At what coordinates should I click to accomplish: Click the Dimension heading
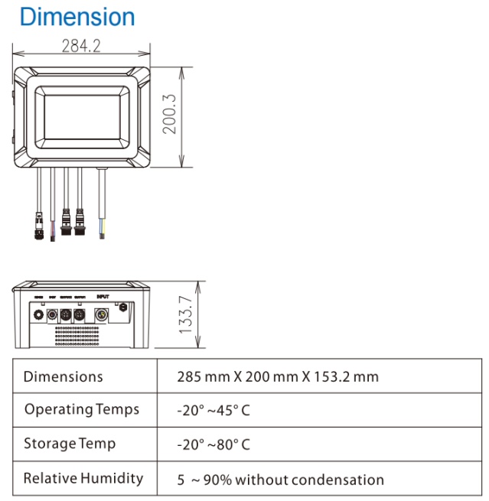tap(77, 17)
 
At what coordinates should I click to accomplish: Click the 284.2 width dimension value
tap(80, 47)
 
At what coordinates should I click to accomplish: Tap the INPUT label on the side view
tap(103, 295)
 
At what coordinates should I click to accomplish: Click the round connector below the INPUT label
tap(99, 314)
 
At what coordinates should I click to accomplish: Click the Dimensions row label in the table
tap(64, 377)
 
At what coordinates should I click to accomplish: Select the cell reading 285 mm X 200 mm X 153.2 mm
tap(278, 377)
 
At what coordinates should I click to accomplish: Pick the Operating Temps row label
tap(82, 409)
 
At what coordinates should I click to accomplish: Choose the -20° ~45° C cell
tap(214, 411)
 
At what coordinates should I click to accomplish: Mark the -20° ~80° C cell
tap(214, 445)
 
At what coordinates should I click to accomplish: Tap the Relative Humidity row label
tap(83, 478)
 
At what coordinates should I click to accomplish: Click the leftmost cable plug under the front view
tap(38, 230)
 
